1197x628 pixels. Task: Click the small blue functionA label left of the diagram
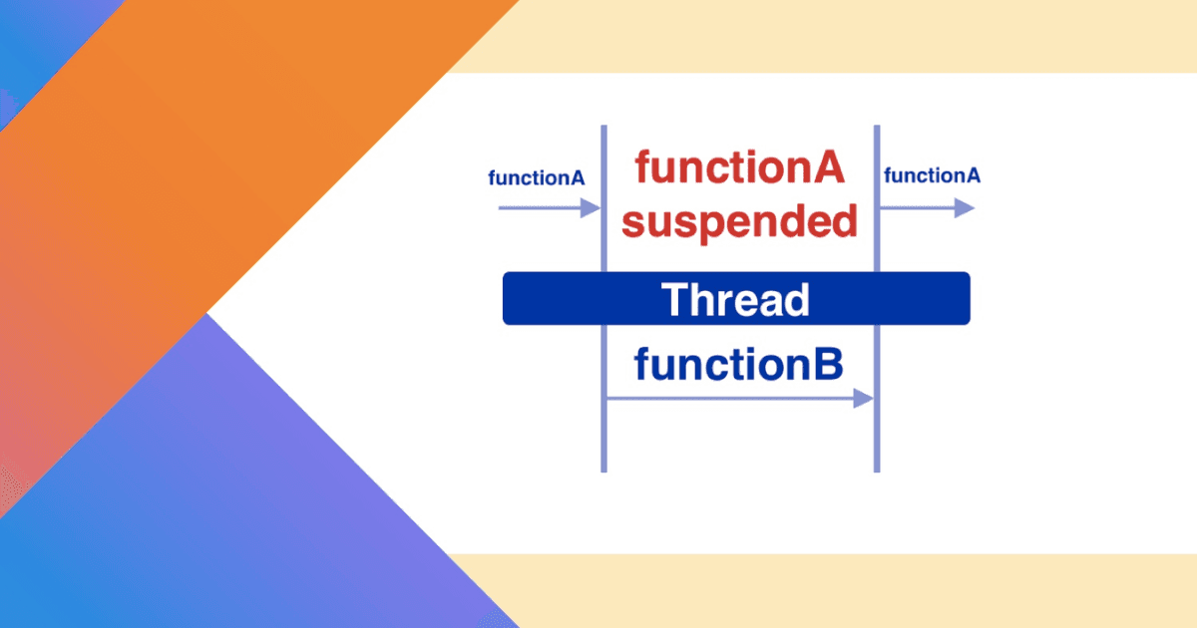pos(536,178)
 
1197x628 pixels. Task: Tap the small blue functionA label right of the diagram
pos(932,176)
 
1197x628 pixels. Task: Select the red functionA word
pos(739,167)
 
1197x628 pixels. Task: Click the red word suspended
pos(739,221)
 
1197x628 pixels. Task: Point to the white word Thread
pos(735,299)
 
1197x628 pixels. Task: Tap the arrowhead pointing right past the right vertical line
pos(964,207)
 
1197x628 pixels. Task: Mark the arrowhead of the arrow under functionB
pos(863,399)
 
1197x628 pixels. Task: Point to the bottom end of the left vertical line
pos(603,469)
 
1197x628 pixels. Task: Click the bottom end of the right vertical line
pos(877,469)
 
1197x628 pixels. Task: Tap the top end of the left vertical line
pos(603,129)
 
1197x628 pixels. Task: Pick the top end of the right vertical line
pos(877,129)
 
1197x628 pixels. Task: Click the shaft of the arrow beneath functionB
pos(728,399)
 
